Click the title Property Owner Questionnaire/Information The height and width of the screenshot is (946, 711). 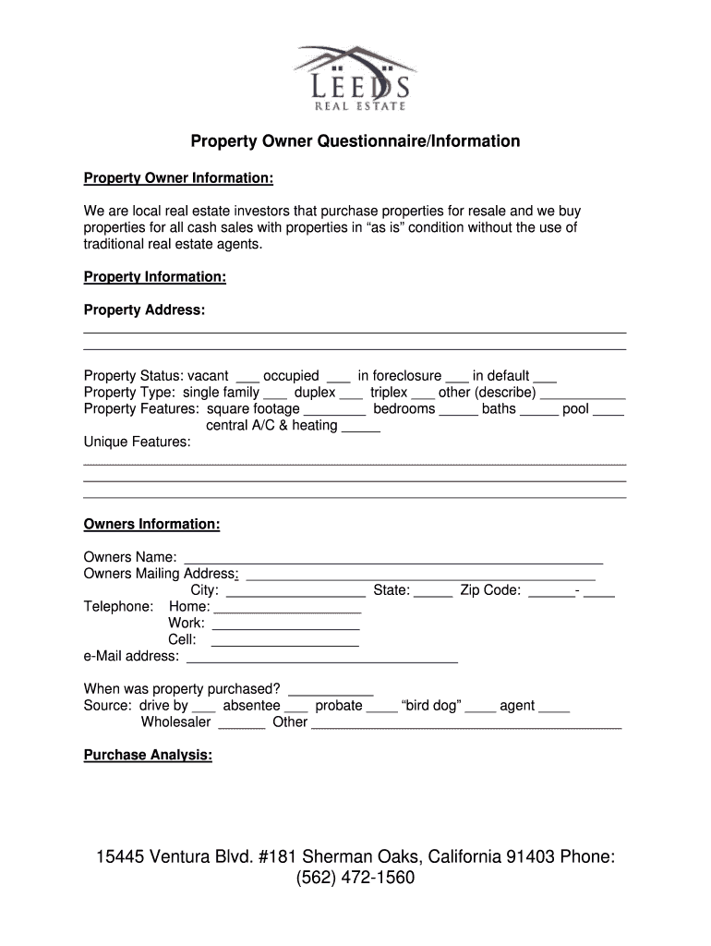coord(355,142)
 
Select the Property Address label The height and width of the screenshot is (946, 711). coord(144,309)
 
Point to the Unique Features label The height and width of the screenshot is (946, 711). coord(138,443)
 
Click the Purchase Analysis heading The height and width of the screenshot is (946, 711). coord(148,755)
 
